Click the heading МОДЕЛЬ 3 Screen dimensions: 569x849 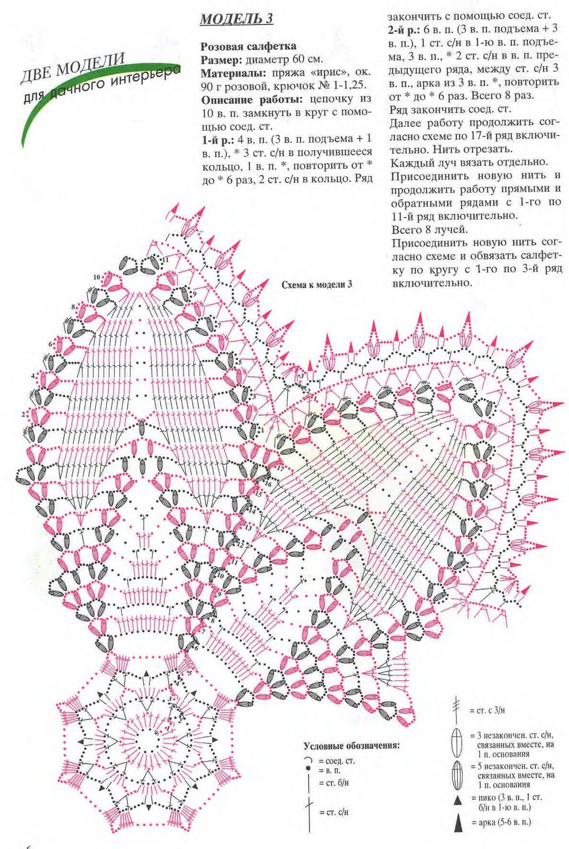pyautogui.click(x=237, y=19)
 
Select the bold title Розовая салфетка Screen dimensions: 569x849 pyautogui.click(x=249, y=47)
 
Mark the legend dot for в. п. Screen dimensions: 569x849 pyautogui.click(x=307, y=768)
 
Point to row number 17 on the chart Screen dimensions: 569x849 pyautogui.click(x=280, y=469)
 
